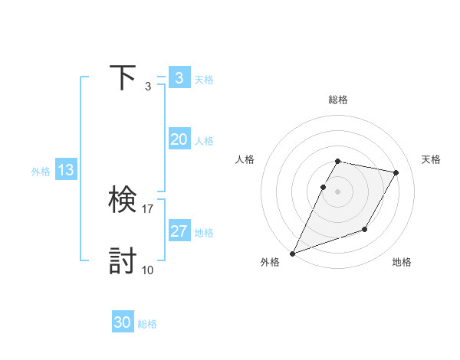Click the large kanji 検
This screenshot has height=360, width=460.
tap(123, 201)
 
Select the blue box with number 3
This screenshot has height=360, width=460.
tap(179, 77)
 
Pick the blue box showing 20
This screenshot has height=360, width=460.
tap(179, 139)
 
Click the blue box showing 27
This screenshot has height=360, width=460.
tap(179, 231)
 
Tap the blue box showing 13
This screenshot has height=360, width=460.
tap(65, 170)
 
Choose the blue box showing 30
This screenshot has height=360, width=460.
tap(123, 322)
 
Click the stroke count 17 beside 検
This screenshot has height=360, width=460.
tap(148, 208)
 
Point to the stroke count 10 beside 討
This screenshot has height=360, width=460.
tap(148, 270)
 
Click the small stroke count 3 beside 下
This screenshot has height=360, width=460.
tap(148, 86)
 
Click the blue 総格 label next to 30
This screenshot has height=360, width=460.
tap(147, 324)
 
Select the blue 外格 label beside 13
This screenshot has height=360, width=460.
tap(41, 172)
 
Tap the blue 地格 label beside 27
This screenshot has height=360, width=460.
tap(204, 233)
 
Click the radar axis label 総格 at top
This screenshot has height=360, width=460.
tap(337, 100)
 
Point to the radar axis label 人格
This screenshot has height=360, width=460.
tap(245, 159)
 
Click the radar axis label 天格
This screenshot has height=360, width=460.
tap(432, 159)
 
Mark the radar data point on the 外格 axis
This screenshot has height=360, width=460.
tap(292, 254)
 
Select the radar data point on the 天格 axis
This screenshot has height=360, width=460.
tap(396, 172)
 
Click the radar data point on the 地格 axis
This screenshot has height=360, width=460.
tap(365, 229)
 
